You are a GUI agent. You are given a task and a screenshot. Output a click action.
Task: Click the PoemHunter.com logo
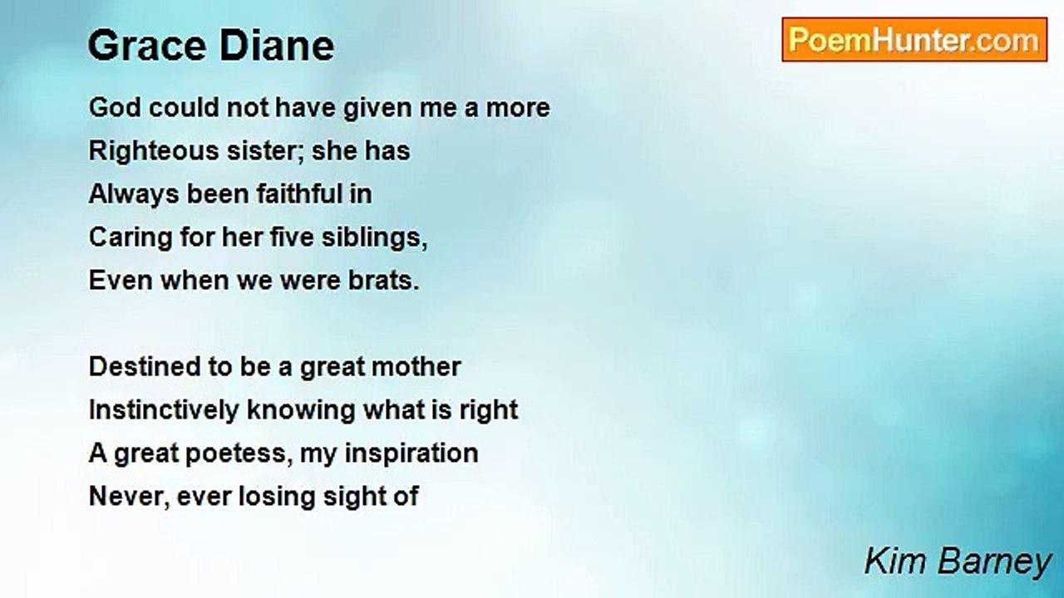click(914, 40)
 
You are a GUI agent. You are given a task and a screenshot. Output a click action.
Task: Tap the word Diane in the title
click(277, 46)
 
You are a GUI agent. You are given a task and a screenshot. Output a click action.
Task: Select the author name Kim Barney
click(958, 562)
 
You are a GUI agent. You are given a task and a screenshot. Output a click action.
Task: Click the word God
click(115, 107)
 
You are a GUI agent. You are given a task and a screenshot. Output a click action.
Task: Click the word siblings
click(375, 238)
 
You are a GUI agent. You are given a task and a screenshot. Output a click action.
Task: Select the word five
click(292, 238)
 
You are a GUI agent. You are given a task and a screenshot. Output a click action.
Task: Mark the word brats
click(384, 281)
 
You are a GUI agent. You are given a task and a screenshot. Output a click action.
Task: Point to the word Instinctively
click(164, 410)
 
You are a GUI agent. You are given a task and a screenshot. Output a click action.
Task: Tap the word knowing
click(301, 411)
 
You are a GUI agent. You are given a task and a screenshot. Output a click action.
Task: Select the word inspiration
click(411, 454)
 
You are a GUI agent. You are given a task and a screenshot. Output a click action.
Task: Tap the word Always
click(134, 195)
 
